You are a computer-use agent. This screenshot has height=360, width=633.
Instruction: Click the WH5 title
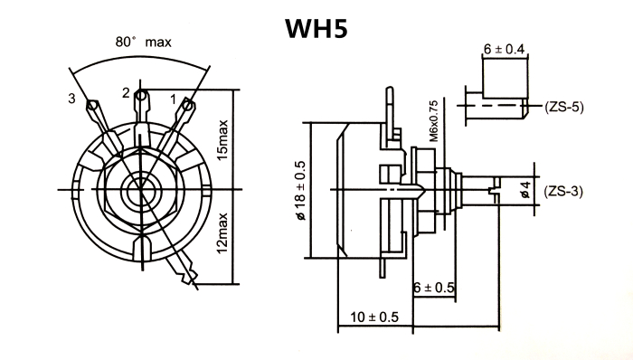point(316,28)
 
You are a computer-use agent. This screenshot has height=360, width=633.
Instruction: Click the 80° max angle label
point(143,42)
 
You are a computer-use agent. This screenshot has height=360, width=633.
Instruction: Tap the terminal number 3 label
point(71,98)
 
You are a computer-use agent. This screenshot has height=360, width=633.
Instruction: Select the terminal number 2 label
point(127,93)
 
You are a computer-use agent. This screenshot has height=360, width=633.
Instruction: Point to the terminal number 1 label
point(174,99)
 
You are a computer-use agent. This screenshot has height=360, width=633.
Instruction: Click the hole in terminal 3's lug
point(92,106)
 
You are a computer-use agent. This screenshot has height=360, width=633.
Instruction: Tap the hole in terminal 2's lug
point(140,96)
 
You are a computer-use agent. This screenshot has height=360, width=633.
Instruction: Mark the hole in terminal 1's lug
point(187,106)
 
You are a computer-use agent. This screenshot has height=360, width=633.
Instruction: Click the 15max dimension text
point(222,139)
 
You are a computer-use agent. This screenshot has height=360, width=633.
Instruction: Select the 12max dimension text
point(222,233)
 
